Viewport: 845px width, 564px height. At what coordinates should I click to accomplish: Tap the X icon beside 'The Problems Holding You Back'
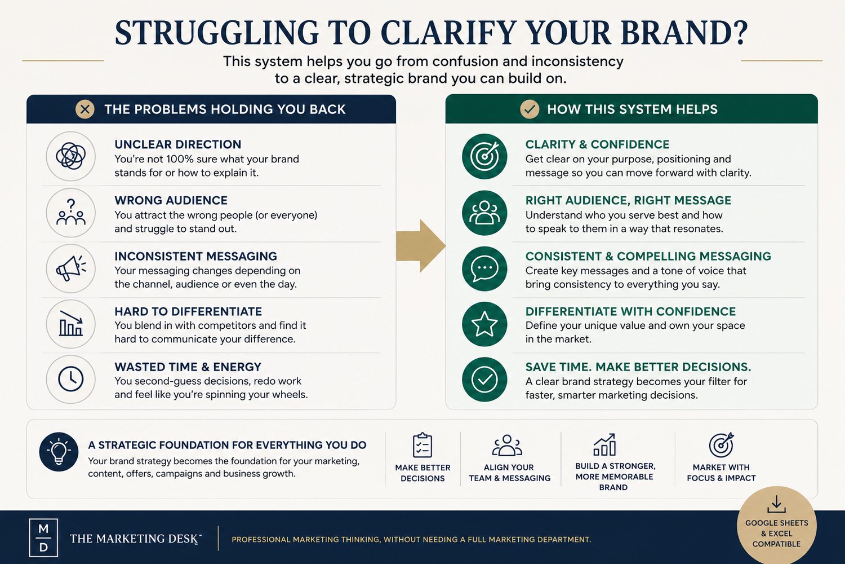tap(85, 109)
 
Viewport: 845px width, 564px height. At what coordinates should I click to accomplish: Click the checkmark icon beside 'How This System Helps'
tap(530, 109)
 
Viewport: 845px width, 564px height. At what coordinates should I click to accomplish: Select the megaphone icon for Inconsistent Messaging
tap(71, 268)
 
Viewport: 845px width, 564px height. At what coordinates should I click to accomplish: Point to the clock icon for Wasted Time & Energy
tap(71, 379)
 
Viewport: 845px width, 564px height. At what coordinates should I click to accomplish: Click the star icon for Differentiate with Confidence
tap(484, 324)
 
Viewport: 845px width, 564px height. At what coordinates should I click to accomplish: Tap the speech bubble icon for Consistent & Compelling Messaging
tap(484, 268)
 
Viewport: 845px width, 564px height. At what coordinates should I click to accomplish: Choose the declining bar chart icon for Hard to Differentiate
tap(71, 324)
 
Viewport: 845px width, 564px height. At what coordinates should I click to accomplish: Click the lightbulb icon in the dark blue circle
tap(59, 452)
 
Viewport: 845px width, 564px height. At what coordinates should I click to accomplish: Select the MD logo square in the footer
tap(43, 537)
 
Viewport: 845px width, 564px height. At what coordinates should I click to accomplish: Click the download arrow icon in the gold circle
tap(776, 505)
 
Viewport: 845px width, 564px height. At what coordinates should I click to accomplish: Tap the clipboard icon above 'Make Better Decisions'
tap(422, 446)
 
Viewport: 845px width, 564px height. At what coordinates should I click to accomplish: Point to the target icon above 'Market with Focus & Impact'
tap(721, 444)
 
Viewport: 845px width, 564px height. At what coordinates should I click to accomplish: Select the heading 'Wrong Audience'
tap(171, 200)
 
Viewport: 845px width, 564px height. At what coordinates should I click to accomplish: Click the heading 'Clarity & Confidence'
tap(597, 144)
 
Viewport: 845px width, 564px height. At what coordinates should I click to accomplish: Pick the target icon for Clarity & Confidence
tap(484, 156)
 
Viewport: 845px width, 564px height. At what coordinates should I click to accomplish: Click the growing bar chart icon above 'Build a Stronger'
tap(604, 444)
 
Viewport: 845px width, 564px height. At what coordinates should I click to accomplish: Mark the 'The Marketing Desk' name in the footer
tap(135, 538)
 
